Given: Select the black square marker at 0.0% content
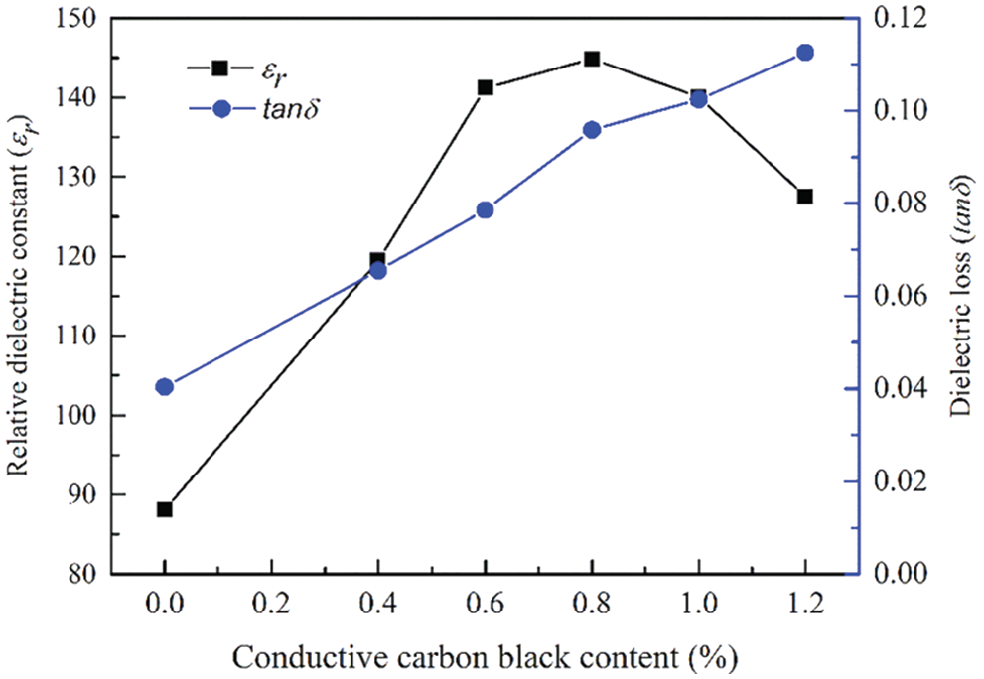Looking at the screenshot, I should click(165, 509).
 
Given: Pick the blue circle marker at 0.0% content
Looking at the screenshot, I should click(165, 387).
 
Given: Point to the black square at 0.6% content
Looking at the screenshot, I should click(486, 87).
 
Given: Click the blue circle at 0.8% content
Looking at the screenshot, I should click(592, 130).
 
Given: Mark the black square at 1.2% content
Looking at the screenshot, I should click(805, 197).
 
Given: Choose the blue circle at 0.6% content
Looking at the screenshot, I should click(486, 210).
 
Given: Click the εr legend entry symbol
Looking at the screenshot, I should click(221, 68).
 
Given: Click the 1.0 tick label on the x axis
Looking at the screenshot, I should click(698, 603).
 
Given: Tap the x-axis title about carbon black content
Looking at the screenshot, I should click(485, 655).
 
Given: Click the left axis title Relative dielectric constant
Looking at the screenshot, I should click(24, 296).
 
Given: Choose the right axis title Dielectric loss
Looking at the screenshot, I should click(960, 296).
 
